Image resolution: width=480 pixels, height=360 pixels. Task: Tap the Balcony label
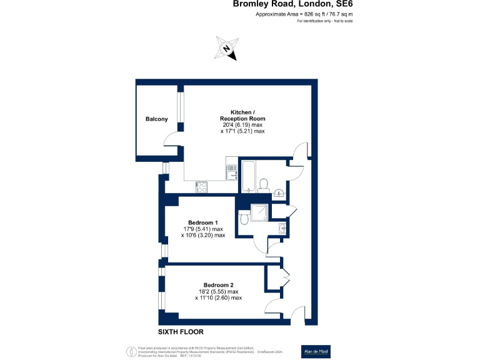point(156,119)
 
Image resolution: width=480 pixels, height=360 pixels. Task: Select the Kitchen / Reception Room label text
point(242,115)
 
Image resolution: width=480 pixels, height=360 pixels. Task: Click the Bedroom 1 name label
point(202,222)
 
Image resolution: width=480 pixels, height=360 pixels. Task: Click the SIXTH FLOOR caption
point(181,331)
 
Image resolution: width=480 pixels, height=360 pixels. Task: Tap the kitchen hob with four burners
point(202,186)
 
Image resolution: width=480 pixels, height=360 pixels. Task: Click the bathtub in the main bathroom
point(247,176)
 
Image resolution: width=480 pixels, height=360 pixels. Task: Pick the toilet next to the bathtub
point(264,184)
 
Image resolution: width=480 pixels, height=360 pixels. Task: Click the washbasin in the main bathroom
point(279,192)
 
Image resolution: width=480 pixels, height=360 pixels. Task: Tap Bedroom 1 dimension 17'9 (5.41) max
point(202,229)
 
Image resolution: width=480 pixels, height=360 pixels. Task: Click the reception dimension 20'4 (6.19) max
point(242,125)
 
